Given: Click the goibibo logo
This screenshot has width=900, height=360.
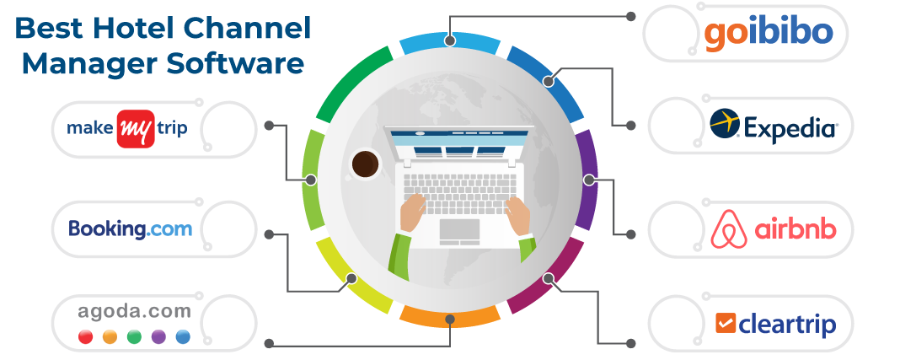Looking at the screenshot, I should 769,35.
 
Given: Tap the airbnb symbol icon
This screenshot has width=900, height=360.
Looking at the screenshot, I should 728,229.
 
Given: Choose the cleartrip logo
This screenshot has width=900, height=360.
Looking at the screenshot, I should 775,323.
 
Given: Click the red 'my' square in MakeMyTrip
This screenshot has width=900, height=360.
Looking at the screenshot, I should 135,129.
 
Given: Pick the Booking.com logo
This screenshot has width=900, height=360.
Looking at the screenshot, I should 130,228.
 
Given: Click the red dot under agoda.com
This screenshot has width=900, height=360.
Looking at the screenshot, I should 85,337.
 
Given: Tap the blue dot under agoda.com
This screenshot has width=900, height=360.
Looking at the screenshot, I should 183,337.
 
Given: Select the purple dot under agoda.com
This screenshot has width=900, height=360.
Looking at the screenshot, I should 158,337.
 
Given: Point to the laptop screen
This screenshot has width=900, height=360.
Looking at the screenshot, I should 458,146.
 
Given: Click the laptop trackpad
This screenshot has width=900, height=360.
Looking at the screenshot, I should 459,229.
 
